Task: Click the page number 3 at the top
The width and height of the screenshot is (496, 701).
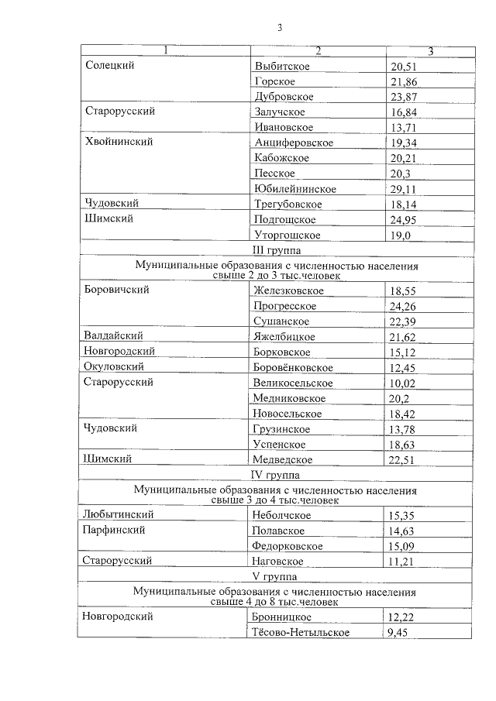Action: tap(280, 29)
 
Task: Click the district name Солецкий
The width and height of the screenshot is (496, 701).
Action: tap(110, 65)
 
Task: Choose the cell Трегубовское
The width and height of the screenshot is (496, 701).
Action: tap(288, 204)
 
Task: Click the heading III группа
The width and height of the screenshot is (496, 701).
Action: tap(277, 250)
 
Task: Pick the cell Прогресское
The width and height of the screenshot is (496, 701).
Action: tap(285, 306)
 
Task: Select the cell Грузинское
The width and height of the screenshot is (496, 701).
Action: tap(281, 429)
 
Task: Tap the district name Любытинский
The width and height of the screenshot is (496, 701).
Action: tap(118, 514)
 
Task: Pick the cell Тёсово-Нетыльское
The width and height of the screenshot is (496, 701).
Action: tap(301, 633)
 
